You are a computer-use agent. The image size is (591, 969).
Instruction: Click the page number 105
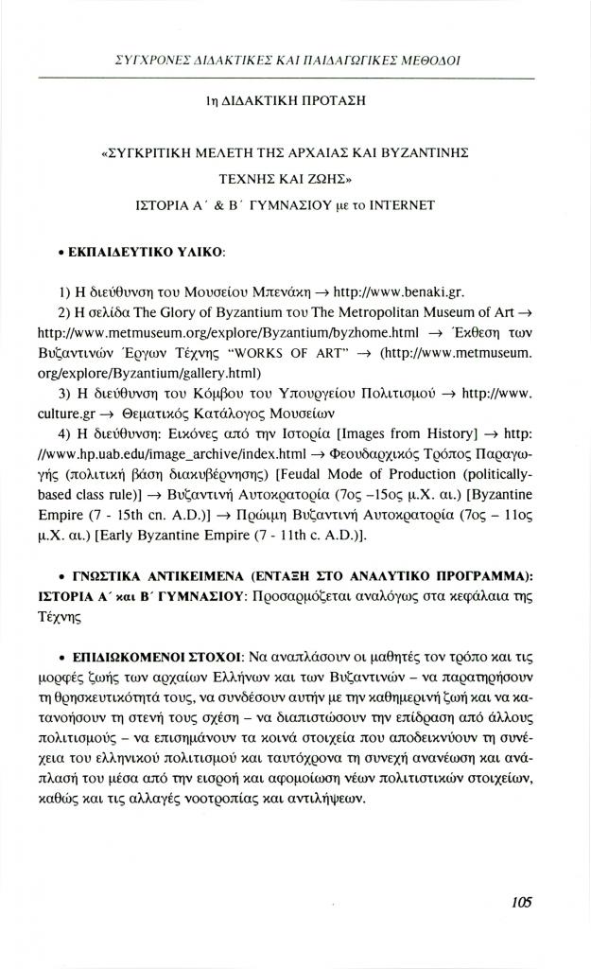522,902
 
